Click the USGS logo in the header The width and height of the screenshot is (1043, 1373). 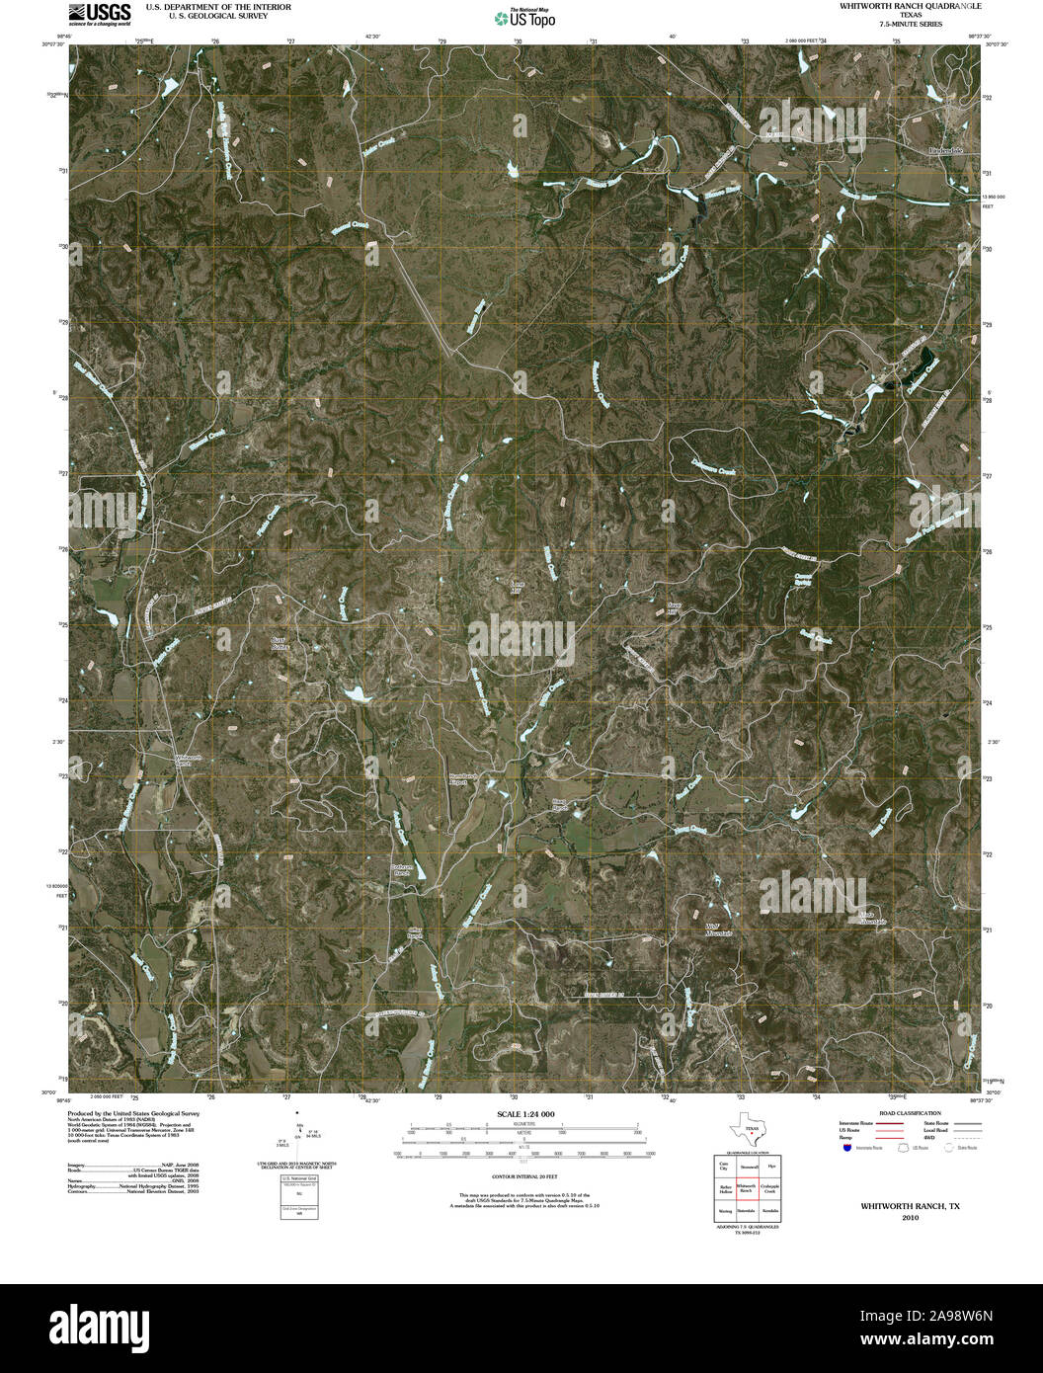click(99, 12)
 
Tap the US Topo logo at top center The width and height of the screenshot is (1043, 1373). click(523, 18)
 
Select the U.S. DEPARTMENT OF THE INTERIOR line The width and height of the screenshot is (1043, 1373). click(218, 6)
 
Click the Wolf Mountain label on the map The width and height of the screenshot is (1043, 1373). click(719, 929)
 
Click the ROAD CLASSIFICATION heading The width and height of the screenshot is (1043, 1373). click(901, 1113)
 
